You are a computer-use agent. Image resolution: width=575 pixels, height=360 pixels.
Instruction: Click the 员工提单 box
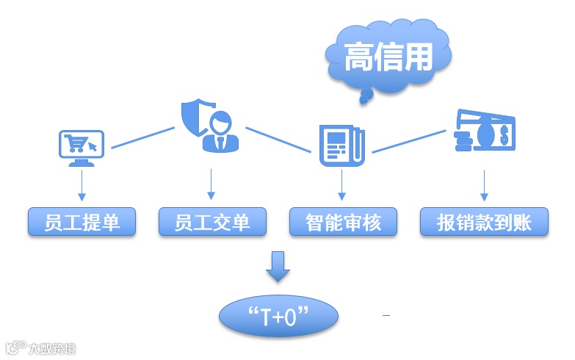tap(82, 222)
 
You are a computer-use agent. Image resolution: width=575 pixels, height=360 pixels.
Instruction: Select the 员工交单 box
tap(212, 222)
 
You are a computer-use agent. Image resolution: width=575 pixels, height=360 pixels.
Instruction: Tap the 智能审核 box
tap(343, 222)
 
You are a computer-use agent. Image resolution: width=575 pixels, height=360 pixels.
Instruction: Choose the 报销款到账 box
tap(484, 222)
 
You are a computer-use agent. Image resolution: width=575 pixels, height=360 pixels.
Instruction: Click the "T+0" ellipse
tap(279, 317)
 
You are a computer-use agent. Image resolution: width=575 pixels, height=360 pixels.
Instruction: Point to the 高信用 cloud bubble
tap(388, 57)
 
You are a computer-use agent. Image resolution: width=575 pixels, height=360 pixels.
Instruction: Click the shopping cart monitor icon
tap(81, 147)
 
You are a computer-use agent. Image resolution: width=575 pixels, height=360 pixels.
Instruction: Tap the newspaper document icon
tap(341, 145)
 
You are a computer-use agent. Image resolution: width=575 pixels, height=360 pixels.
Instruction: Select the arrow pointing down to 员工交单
tap(211, 184)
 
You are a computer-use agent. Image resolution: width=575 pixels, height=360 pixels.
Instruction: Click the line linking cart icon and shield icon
tap(142, 137)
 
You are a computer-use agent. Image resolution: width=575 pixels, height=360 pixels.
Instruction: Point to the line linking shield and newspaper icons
tap(278, 140)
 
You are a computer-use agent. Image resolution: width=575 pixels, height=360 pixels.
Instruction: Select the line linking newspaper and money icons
tap(408, 141)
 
